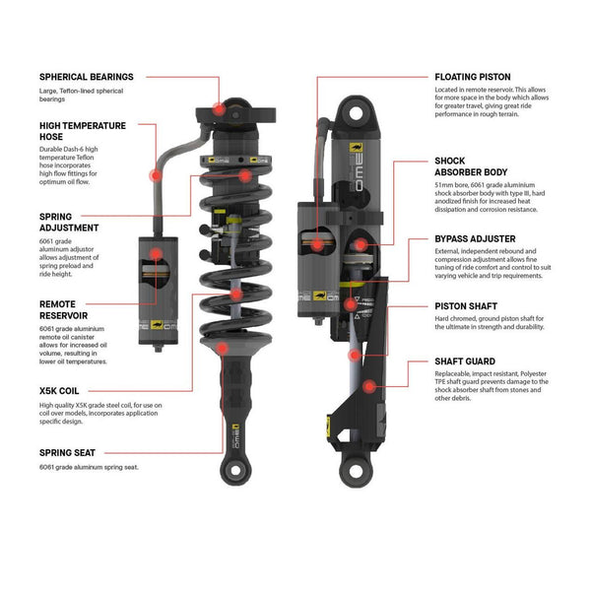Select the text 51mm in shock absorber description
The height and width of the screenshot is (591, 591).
click(x=444, y=183)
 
